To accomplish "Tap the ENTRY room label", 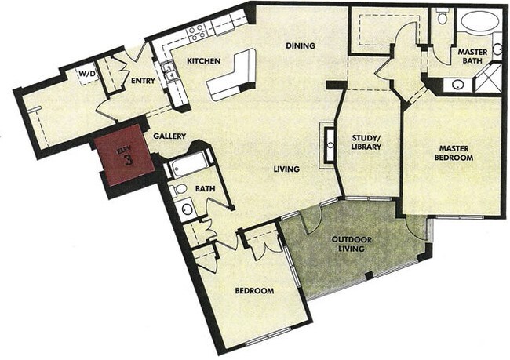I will [144, 82].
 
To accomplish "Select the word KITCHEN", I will [203, 61].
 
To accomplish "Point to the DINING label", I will [300, 45].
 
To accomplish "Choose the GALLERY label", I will [169, 136].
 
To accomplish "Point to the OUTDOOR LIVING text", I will [356, 245].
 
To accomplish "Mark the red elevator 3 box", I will [121, 156].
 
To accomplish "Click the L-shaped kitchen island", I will [233, 75].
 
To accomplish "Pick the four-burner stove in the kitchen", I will [196, 31].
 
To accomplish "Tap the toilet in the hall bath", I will [179, 189].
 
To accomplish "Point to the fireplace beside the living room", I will [325, 144].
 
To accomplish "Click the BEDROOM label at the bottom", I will [254, 291].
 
